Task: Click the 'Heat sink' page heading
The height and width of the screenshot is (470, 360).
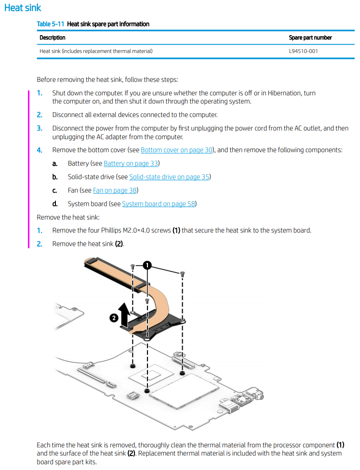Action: coord(23,8)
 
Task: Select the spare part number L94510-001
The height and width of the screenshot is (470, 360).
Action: coord(303,51)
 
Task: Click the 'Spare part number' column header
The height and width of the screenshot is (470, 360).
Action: coord(310,38)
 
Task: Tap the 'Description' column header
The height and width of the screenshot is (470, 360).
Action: coord(52,38)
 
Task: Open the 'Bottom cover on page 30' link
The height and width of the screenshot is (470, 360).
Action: coord(176,150)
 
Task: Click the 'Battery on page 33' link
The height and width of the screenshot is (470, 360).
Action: coord(132,163)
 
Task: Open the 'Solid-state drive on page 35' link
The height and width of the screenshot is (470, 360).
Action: coord(169,177)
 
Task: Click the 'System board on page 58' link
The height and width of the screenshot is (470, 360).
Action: coord(159,204)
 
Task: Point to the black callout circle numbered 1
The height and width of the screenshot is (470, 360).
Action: coord(147,265)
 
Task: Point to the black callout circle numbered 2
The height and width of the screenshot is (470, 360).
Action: coord(113,318)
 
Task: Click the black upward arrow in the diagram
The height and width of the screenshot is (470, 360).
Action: coord(124,313)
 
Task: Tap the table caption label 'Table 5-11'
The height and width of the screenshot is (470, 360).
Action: coord(51,24)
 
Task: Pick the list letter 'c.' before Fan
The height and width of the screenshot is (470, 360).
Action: coord(55,190)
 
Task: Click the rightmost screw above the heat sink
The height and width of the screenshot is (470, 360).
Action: coord(182,274)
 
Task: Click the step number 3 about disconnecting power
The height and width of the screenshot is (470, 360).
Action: coord(40,128)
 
